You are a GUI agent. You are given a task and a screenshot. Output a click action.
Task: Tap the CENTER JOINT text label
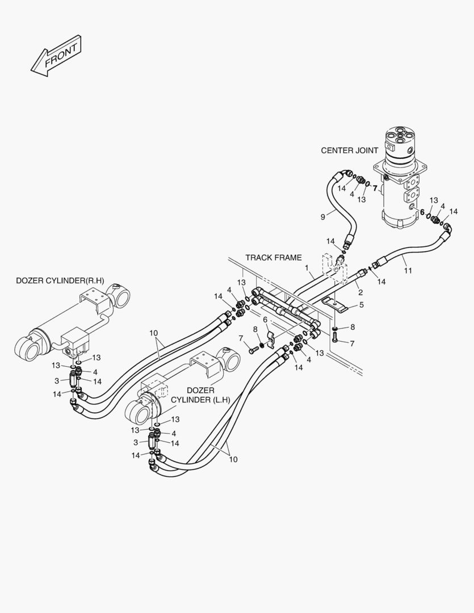349,150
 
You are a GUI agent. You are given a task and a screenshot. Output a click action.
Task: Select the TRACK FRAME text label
273,257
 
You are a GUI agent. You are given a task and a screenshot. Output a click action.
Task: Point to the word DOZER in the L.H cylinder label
201,391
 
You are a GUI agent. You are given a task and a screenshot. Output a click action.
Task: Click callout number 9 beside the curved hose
323,216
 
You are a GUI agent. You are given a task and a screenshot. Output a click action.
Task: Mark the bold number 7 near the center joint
375,187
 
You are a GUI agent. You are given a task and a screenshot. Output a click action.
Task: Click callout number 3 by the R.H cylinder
56,380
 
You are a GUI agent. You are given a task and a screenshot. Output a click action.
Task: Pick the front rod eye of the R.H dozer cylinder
26,347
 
